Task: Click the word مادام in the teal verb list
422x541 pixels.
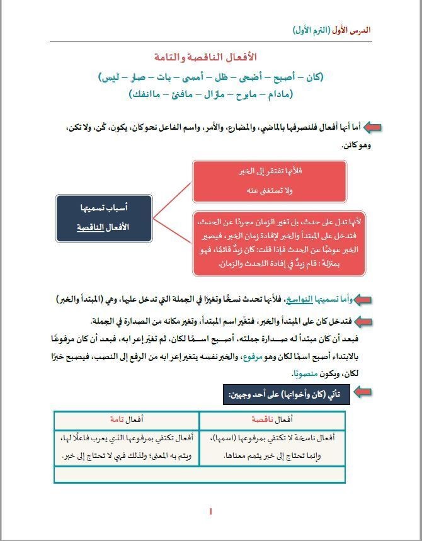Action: [x=278, y=94]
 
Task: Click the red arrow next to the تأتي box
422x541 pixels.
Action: [x=362, y=394]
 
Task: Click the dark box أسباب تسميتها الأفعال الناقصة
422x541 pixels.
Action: [x=104, y=218]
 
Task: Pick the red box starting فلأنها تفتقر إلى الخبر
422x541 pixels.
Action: [x=270, y=181]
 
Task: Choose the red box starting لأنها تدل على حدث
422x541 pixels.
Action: [x=279, y=244]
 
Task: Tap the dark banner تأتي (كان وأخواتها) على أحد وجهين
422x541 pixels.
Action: [x=287, y=394]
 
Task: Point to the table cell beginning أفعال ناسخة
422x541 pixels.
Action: [x=272, y=447]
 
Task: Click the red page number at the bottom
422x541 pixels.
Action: [x=211, y=513]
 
